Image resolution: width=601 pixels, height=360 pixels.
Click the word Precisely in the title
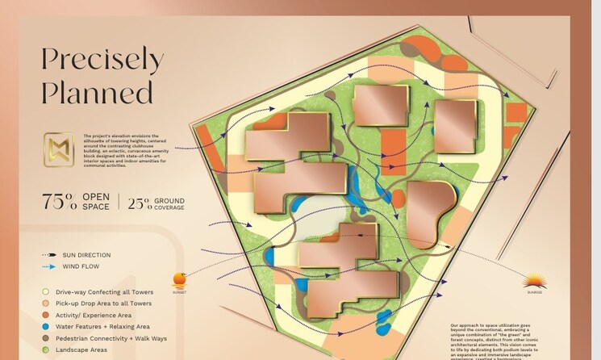(102, 59)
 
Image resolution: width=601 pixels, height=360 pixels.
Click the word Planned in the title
(97, 92)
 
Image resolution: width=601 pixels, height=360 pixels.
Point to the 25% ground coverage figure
(140, 203)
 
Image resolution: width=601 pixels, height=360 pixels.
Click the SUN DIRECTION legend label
(86, 255)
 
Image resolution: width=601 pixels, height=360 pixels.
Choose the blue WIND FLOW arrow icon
(49, 266)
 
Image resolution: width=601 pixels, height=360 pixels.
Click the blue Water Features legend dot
(47, 326)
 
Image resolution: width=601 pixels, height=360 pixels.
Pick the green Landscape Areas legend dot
(47, 350)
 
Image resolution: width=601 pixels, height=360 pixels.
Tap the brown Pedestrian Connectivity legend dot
(47, 337)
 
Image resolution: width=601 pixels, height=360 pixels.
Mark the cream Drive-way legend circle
(47, 291)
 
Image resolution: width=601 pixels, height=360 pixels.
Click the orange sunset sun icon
(179, 279)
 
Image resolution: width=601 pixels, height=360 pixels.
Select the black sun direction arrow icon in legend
(49, 255)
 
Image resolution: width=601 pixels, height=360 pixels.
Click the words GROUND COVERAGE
(169, 203)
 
